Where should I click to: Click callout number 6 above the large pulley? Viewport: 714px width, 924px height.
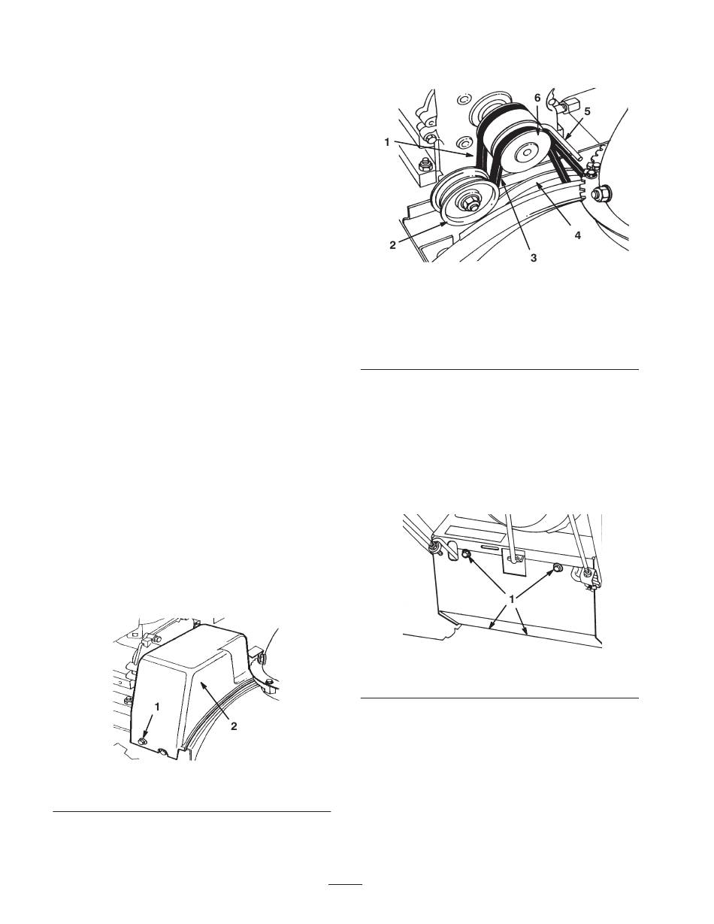537,98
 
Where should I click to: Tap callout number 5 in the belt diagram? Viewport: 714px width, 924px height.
587,111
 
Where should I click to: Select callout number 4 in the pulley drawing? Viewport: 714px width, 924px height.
577,235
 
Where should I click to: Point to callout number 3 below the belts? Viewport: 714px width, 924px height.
534,258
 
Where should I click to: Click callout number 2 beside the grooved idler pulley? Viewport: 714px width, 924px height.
393,245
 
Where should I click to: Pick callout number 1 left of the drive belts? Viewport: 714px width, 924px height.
387,143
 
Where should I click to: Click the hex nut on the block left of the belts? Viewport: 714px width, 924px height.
423,163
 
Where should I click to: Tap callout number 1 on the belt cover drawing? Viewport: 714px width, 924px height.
157,707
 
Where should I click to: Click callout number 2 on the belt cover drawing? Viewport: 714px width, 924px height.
234,726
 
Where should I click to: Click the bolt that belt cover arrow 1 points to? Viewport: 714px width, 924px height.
143,741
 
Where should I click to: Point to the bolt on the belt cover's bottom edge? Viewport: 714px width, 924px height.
163,753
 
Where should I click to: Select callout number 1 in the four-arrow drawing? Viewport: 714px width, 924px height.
512,599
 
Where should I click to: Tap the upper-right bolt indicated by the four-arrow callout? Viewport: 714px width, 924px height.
558,568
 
